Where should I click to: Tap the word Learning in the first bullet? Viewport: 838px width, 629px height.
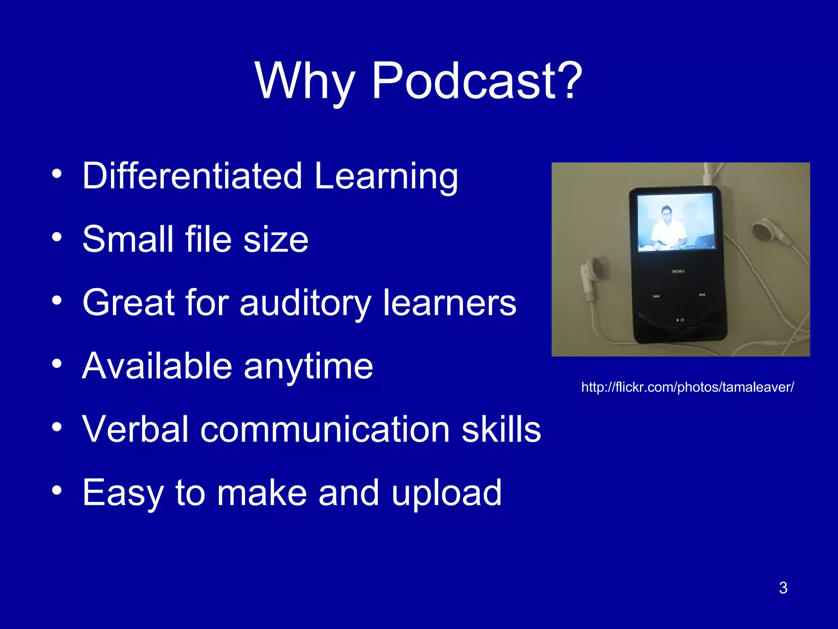(x=386, y=176)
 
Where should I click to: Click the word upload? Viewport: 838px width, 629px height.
(x=446, y=493)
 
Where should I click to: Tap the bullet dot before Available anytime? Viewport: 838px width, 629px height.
(x=57, y=364)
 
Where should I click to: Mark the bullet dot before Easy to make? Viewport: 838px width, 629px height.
(x=57, y=490)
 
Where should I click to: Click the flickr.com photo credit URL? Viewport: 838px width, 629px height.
(x=687, y=387)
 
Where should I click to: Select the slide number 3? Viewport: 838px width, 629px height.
(x=783, y=588)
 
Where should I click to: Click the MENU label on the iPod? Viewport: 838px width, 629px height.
(x=678, y=271)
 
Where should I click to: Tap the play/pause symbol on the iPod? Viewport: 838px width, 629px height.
(x=679, y=319)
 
